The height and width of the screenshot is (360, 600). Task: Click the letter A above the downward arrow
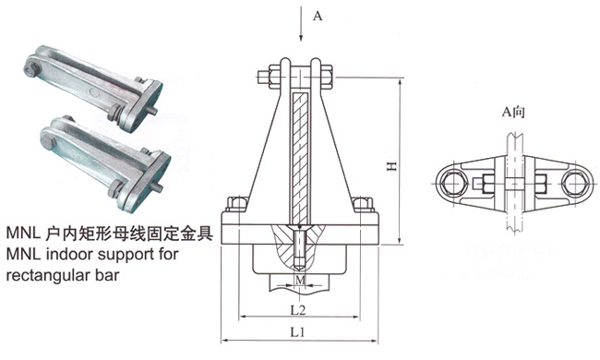click(318, 16)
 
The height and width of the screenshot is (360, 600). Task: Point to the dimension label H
click(391, 165)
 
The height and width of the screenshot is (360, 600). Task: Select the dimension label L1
click(297, 331)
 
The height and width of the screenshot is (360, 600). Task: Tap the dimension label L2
click(298, 309)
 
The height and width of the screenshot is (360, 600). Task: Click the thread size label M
click(300, 280)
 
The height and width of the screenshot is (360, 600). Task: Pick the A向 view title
click(513, 112)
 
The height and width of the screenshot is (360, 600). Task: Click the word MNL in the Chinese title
click(23, 233)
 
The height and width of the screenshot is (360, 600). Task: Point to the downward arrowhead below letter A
click(301, 37)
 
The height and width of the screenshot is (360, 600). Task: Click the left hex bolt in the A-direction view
click(453, 183)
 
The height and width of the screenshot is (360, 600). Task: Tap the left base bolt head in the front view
click(235, 204)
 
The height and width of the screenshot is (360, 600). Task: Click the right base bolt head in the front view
click(363, 204)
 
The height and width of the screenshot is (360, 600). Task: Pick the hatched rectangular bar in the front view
click(300, 158)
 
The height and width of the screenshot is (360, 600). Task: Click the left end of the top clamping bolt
click(258, 78)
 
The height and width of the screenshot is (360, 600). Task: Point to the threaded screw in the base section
click(300, 249)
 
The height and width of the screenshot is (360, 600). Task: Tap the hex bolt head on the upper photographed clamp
click(31, 69)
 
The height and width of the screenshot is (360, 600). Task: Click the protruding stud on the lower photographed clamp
click(157, 186)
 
